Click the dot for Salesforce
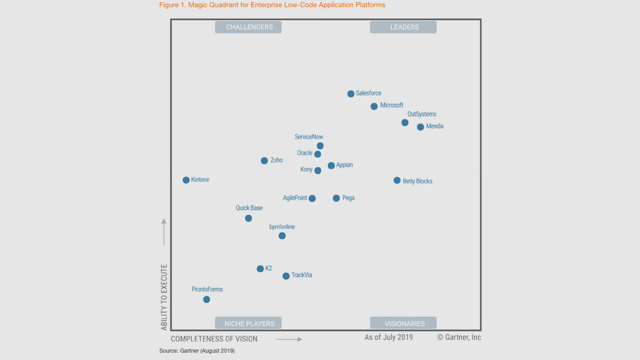(x=351, y=94)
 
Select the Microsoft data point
(x=374, y=106)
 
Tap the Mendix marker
(x=420, y=127)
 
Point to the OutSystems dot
(x=405, y=123)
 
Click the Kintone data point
(x=186, y=180)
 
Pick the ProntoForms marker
(x=207, y=300)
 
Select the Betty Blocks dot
(x=397, y=180)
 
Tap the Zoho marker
(x=264, y=161)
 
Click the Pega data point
(x=336, y=198)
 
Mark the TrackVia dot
(x=286, y=276)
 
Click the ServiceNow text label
(x=309, y=137)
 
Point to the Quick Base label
(x=249, y=208)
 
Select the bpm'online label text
(x=282, y=227)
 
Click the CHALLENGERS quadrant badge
(x=248, y=27)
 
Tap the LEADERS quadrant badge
(x=403, y=27)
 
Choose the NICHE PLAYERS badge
(x=248, y=323)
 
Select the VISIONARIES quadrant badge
(x=403, y=323)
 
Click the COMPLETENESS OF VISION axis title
(x=214, y=339)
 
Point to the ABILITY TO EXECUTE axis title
(x=164, y=297)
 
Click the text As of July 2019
(x=389, y=337)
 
